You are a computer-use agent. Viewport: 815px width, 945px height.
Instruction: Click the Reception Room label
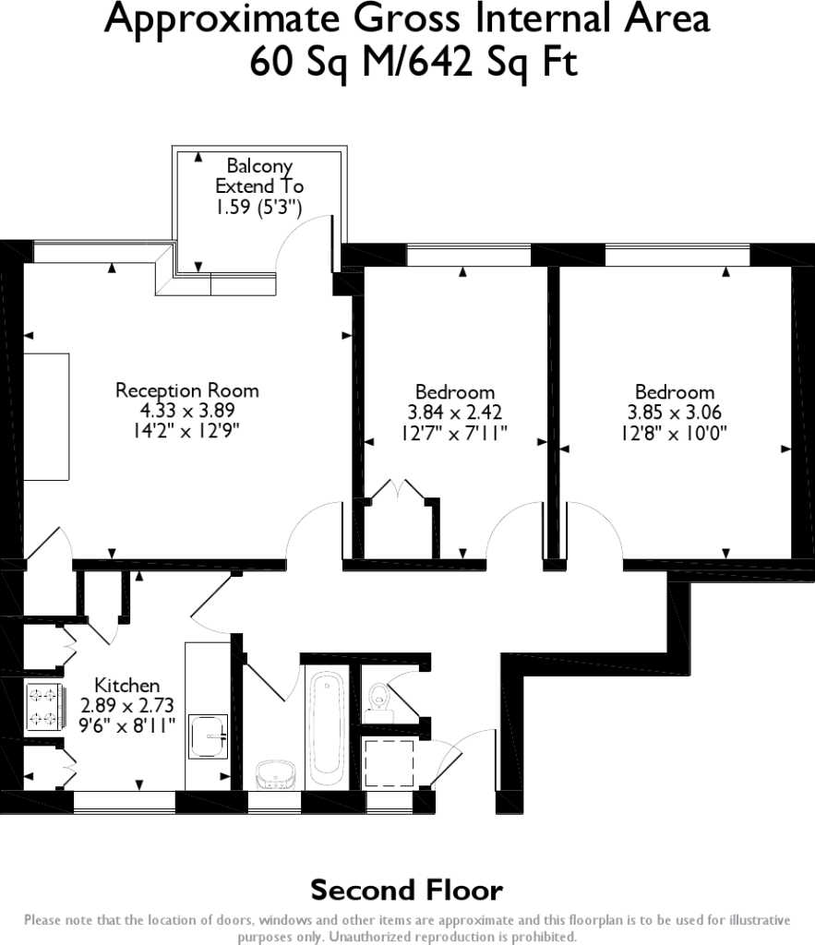186,390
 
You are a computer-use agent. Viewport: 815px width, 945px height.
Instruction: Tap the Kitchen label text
127,686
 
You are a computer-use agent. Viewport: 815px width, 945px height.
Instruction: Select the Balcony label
259,167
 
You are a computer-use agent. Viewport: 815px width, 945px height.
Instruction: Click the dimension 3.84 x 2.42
454,413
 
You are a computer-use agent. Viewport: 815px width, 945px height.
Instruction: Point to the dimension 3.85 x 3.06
674,413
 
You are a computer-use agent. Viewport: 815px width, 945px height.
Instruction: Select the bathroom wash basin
274,773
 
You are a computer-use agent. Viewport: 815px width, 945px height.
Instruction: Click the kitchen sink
208,736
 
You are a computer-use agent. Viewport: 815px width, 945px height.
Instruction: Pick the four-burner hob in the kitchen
43,707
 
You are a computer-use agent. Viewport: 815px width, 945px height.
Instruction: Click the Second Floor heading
406,891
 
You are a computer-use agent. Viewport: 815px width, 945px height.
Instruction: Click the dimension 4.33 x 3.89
186,411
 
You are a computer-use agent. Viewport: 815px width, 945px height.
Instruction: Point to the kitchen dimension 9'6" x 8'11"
128,724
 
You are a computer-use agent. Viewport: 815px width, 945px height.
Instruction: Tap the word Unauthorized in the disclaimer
367,936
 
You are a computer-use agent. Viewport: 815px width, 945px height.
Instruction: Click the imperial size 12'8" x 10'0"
674,432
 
